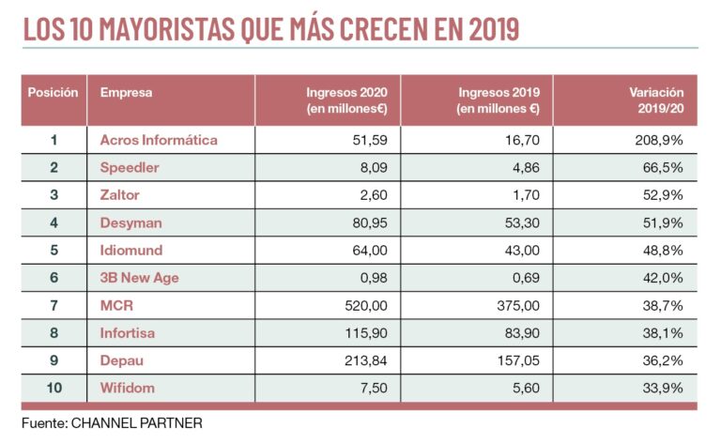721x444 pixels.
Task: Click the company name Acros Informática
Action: [159, 140]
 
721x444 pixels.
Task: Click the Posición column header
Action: [53, 93]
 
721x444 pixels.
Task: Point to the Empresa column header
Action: [126, 93]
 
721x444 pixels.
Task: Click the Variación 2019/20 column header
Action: [654, 100]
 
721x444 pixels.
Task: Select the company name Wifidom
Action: [129, 388]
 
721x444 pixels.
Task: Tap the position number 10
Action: [54, 388]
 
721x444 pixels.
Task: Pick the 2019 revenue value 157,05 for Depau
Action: [516, 360]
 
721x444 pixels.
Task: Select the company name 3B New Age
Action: [140, 278]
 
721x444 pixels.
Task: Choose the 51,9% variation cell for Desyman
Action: [662, 222]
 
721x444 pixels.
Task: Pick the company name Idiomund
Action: [131, 251]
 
